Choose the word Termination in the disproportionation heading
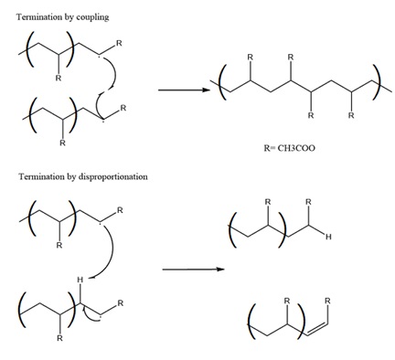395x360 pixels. click(30, 174)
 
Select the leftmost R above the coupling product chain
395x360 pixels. click(249, 56)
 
